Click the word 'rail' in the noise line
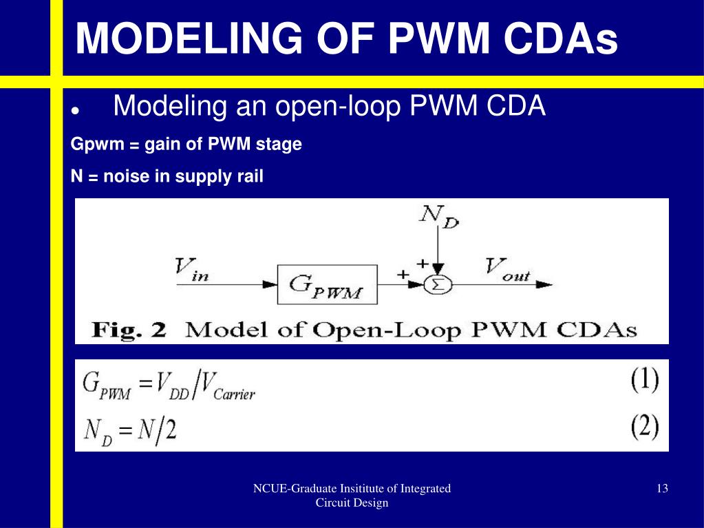[x=250, y=177]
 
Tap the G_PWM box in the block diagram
[x=328, y=284]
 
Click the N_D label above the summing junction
[x=439, y=216]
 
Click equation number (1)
[x=644, y=381]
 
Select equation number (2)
[x=644, y=427]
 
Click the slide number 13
[x=662, y=489]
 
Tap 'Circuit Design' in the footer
[x=352, y=503]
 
